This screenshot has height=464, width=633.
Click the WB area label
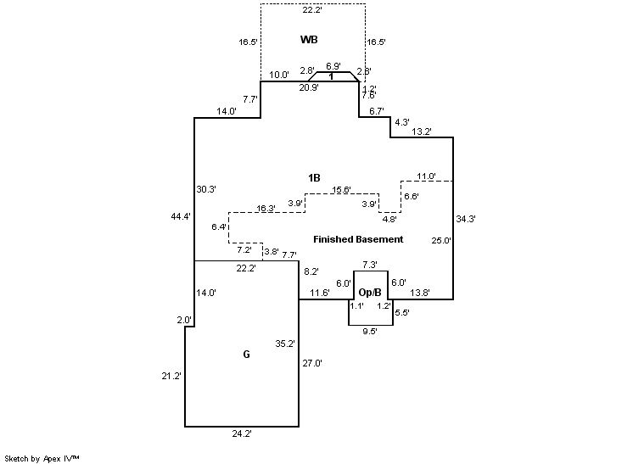tap(310, 40)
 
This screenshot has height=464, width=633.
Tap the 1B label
tap(314, 177)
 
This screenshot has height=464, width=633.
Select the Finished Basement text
tap(357, 239)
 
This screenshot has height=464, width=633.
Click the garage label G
tap(246, 355)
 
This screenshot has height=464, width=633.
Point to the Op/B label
tap(369, 292)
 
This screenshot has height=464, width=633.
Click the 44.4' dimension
tap(180, 217)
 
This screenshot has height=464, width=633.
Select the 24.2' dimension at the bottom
tap(241, 433)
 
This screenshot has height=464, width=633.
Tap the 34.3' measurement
tap(465, 219)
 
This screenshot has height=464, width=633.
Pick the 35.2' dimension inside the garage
tap(284, 344)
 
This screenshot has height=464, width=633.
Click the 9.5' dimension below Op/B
tap(369, 332)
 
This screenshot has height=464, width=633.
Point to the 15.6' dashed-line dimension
tap(342, 189)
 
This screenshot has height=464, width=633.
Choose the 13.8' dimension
tap(419, 293)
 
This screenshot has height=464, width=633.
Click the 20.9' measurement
tap(307, 87)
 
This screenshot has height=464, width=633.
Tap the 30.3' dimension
tap(205, 188)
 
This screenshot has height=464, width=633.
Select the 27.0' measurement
tap(312, 362)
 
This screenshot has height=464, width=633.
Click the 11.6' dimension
tap(319, 293)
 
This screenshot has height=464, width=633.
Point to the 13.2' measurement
tap(422, 131)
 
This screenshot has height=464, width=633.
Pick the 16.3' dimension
tap(266, 208)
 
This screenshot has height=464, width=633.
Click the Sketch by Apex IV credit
tap(42, 458)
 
